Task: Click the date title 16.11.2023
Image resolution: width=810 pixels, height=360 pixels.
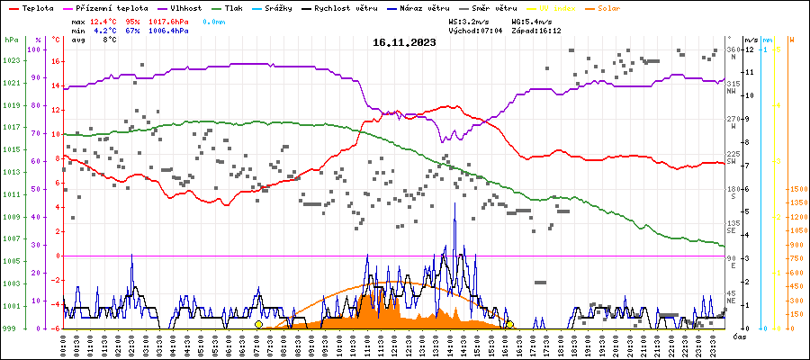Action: [x=404, y=41]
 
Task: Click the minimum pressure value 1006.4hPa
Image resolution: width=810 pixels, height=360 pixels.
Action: [x=168, y=30]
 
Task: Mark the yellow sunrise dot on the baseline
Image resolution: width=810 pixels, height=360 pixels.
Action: [x=258, y=324]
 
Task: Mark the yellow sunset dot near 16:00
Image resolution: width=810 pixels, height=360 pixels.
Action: [x=509, y=324]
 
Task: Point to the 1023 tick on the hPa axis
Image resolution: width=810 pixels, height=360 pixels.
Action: [x=11, y=61]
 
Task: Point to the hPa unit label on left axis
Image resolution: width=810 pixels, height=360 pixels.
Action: [x=10, y=40]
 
